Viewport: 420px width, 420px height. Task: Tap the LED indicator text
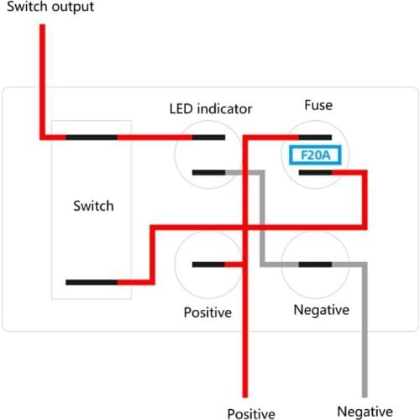pyautogui.click(x=211, y=108)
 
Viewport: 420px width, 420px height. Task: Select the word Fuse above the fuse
pyautogui.click(x=318, y=106)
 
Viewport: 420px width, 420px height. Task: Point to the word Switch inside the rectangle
pyautogui.click(x=92, y=206)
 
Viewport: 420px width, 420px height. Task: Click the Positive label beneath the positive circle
pyautogui.click(x=207, y=312)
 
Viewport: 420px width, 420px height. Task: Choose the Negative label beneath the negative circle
pyautogui.click(x=321, y=310)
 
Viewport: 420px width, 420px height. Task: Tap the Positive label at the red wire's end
pyautogui.click(x=250, y=412)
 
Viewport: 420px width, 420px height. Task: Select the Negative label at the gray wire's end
pyautogui.click(x=364, y=411)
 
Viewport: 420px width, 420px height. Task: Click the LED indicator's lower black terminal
pyautogui.click(x=207, y=172)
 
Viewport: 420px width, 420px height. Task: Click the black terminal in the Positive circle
pyautogui.click(x=207, y=265)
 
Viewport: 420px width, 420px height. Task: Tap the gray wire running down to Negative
pyautogui.click(x=365, y=336)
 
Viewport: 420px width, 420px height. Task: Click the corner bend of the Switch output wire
pyautogui.click(x=41, y=136)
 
